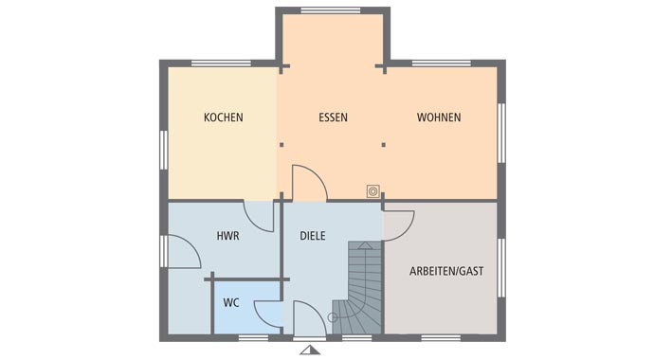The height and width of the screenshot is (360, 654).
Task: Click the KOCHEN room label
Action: coord(224,118)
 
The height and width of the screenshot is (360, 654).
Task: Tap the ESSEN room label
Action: coord(333,118)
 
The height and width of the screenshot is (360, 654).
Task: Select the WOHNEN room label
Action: coord(439,118)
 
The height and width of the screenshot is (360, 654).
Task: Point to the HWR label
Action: coord(227,236)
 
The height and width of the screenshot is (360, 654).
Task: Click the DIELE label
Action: coord(313,236)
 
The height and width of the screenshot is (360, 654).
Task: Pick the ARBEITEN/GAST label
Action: coord(445,271)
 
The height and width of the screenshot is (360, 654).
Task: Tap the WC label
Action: coord(231,304)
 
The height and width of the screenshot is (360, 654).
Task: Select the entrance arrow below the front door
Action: coord(309,350)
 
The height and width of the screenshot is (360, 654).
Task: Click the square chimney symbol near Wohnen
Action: coord(373,191)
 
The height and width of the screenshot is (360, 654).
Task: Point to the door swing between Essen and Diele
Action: coord(307,183)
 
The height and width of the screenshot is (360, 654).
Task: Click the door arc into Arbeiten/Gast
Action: coord(398,224)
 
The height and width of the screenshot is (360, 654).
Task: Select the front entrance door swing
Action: coord(309,318)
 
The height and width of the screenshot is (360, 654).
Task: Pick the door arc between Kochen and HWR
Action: coord(260,214)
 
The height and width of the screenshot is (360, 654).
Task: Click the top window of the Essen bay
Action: coord(332,10)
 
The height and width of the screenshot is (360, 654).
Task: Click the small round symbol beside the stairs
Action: coord(332,317)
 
